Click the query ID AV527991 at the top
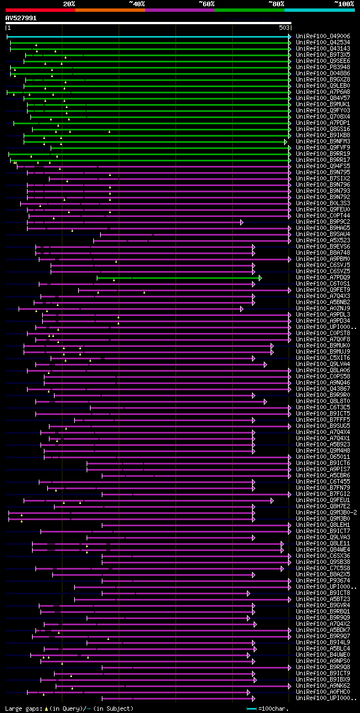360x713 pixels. pyautogui.click(x=21, y=18)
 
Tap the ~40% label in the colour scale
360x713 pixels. pyautogui.click(x=137, y=4)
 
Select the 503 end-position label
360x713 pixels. pyautogui.click(x=284, y=28)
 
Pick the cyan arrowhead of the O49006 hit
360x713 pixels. pyautogui.click(x=289, y=37)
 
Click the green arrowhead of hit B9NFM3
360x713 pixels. pyautogui.click(x=286, y=142)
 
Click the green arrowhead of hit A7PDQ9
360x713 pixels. pyautogui.click(x=260, y=278)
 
